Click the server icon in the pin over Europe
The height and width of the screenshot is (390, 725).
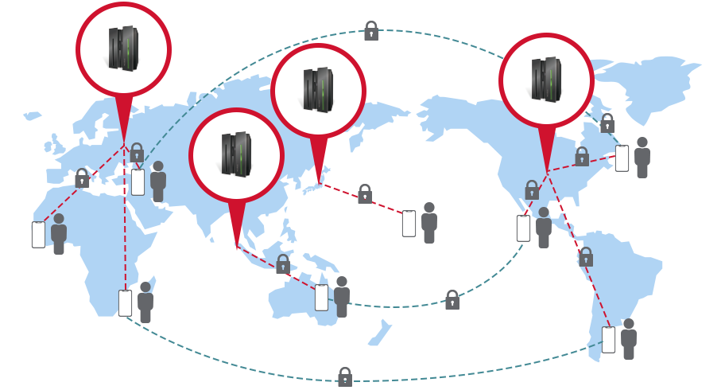123,48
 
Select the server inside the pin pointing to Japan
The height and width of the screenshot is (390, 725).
318,88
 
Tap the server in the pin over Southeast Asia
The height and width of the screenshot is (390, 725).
236,154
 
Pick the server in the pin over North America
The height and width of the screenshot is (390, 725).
546,79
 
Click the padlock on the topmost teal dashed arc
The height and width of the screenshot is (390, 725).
371,31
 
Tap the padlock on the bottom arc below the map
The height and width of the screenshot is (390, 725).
345,376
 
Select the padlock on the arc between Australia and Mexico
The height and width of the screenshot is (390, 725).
452,300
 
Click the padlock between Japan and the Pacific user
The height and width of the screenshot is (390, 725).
365,194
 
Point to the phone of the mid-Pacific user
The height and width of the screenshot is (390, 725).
409,224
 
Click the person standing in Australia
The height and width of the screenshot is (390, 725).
342,296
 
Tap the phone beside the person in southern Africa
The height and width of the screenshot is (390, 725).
126,302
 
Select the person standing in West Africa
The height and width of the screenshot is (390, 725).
59,234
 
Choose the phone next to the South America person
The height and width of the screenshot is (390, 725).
608,340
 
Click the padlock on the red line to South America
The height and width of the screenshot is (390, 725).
586,257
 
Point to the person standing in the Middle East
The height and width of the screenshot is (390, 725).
158,181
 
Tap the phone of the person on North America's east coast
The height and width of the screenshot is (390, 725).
622,158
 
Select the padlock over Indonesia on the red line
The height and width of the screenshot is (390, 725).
283,264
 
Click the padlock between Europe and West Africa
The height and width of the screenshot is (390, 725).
82,178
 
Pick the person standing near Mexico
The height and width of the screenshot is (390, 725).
544,228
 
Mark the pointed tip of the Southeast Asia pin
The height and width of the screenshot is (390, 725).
236,248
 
